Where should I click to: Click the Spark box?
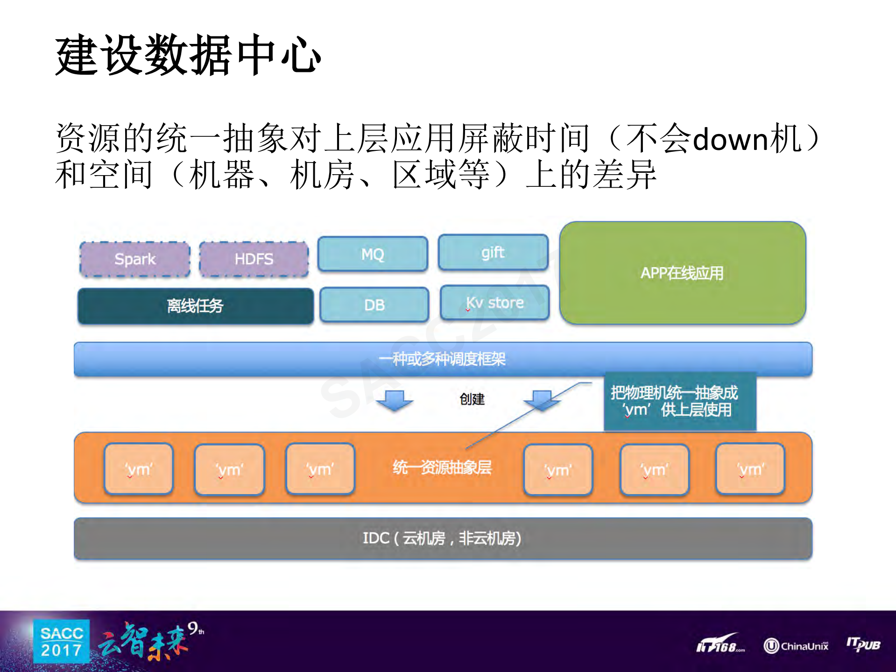click(x=135, y=259)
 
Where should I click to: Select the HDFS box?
click(x=254, y=259)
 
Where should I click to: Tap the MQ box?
click(x=373, y=254)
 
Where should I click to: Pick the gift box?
click(x=493, y=253)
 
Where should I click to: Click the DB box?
click(x=374, y=305)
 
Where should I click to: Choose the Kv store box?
click(x=494, y=303)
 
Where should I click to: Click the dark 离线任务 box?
click(x=195, y=306)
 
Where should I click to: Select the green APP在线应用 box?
click(x=682, y=273)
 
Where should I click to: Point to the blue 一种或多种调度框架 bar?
click(x=443, y=359)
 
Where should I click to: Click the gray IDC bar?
click(x=443, y=538)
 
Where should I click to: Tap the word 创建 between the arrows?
click(x=472, y=399)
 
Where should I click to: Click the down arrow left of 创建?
click(x=395, y=400)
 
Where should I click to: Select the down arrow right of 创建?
click(x=542, y=400)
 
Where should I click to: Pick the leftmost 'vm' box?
click(x=139, y=469)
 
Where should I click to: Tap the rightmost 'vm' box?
click(x=750, y=469)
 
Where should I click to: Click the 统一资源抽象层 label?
click(x=442, y=467)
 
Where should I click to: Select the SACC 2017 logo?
click(x=61, y=642)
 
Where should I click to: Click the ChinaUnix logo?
click(x=796, y=646)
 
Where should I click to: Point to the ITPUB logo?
click(x=863, y=644)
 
